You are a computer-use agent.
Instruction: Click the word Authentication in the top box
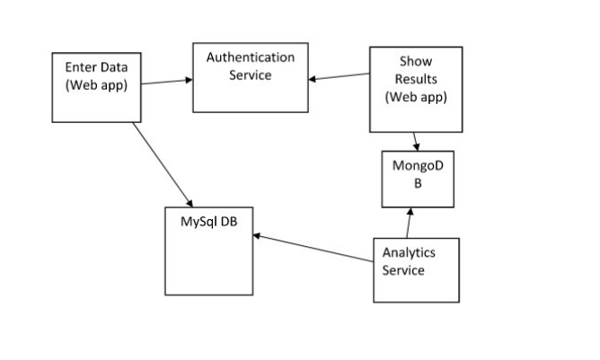coord(251,57)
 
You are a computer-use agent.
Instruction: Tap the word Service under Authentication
coord(251,75)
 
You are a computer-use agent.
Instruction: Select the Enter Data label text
coord(94,67)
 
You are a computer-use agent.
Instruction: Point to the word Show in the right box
coord(415,62)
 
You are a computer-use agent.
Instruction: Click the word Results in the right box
coord(415,79)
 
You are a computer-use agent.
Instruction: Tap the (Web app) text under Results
coord(415,97)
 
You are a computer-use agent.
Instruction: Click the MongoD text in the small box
coord(414,166)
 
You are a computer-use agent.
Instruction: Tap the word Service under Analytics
coord(403,270)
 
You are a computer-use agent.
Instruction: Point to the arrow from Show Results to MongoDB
coord(416,141)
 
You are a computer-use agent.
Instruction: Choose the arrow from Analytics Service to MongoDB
coord(409,223)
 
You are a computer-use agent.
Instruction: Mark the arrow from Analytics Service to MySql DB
coord(314,249)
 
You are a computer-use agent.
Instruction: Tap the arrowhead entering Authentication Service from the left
coord(188,81)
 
